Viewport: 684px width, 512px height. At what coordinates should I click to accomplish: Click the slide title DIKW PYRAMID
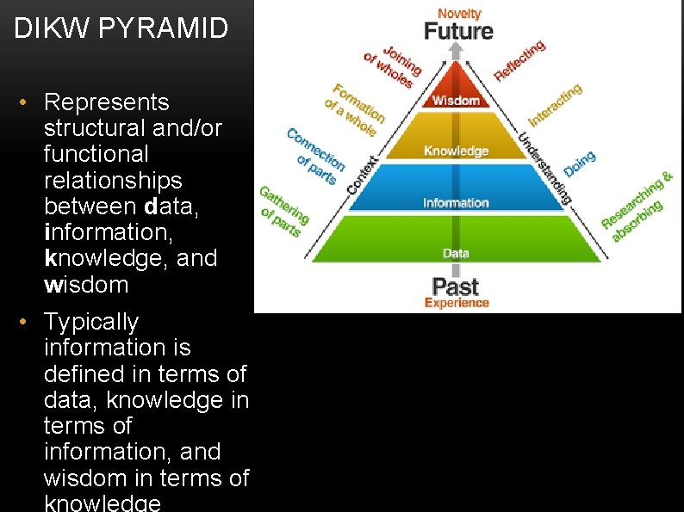tap(121, 29)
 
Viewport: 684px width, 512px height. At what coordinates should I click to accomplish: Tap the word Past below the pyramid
tap(456, 286)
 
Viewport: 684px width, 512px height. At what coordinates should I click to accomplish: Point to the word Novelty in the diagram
tap(459, 12)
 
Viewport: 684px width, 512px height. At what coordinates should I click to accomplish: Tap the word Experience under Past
tap(457, 303)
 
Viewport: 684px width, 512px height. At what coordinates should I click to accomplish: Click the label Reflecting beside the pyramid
tap(519, 60)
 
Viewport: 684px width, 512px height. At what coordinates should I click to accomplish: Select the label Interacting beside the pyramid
tap(555, 103)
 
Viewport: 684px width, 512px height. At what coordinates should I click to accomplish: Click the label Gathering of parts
tap(282, 210)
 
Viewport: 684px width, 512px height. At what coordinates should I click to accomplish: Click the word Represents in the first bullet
tap(106, 102)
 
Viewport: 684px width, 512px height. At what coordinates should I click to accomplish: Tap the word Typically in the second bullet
tap(91, 322)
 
